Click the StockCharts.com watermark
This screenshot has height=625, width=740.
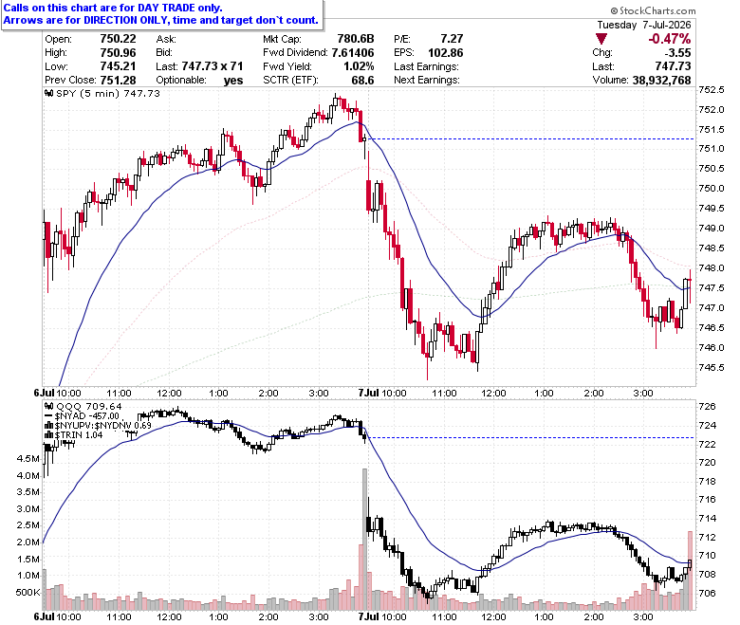tap(653, 10)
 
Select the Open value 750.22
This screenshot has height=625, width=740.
tap(118, 39)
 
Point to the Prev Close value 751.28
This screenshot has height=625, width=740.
tap(118, 81)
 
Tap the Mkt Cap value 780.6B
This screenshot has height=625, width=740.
tap(356, 39)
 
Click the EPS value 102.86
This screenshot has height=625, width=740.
tap(446, 53)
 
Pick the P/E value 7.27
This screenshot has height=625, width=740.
tap(452, 39)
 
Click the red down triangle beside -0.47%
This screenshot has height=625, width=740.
tap(601, 39)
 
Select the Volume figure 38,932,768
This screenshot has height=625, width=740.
tap(661, 81)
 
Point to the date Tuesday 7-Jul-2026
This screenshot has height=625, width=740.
tap(644, 25)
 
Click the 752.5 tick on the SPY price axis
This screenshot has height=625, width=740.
tap(712, 89)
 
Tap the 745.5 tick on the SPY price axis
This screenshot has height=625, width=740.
tap(712, 367)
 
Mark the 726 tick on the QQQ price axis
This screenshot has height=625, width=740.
tap(707, 406)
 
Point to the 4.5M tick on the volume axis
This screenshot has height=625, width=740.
tap(28, 458)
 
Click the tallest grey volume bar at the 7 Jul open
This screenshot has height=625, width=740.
tap(364, 539)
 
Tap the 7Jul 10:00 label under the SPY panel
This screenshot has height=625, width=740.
tap(382, 393)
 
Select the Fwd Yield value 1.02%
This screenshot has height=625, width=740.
tap(359, 66)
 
